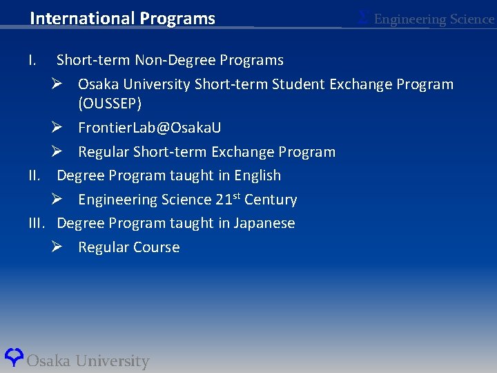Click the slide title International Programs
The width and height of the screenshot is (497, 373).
122,19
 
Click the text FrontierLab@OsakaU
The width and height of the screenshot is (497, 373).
149,128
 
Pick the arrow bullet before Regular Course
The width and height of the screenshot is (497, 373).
58,247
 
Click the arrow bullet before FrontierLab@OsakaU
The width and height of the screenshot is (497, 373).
58,128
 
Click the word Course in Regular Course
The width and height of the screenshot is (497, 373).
156,247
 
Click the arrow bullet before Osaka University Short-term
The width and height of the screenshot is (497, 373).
58,84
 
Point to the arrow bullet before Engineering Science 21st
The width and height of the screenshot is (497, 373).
58,200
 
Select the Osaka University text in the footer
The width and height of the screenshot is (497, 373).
88,361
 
